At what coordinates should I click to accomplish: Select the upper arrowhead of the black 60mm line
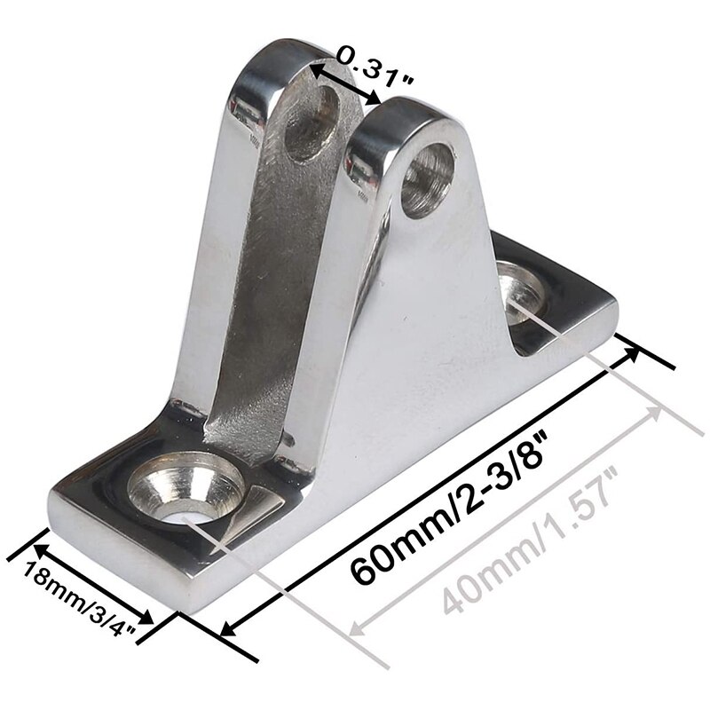coord(632,351)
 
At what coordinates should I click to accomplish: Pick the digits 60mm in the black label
coord(390,550)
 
